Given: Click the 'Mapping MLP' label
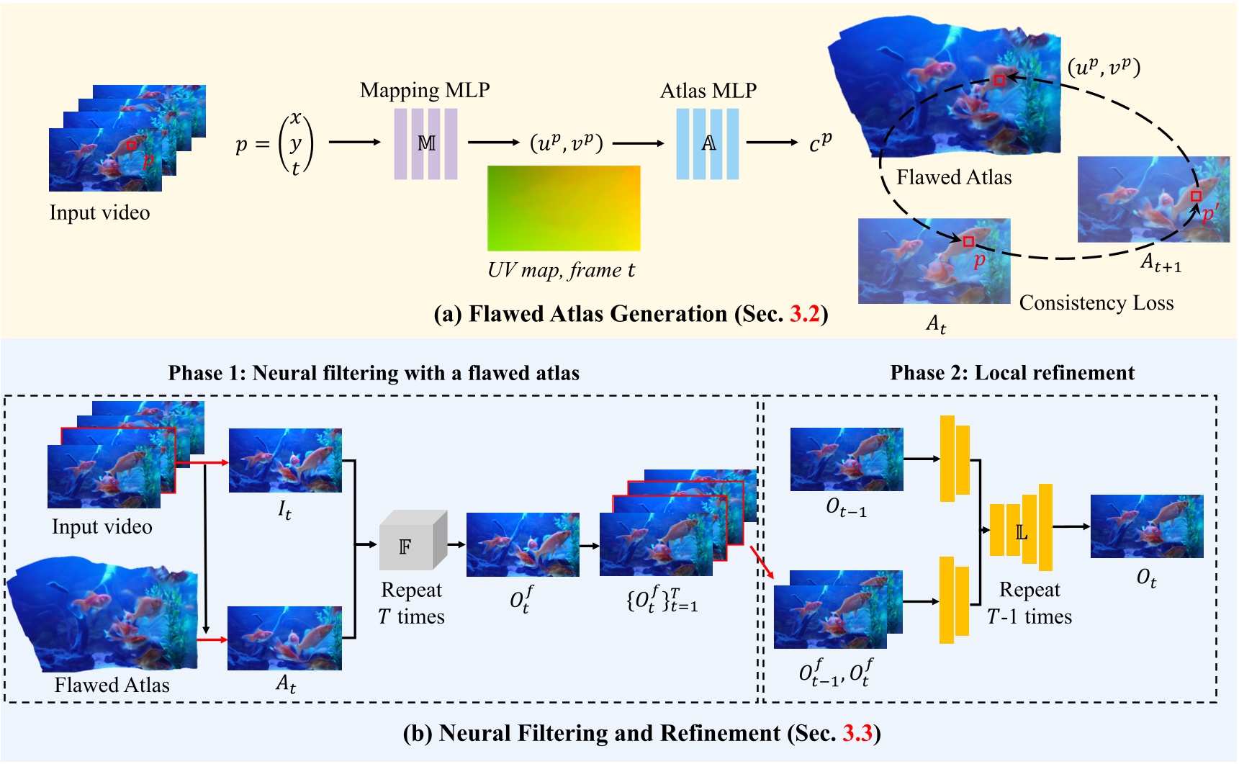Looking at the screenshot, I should [x=425, y=91].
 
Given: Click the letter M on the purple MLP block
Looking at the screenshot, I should [x=426, y=143].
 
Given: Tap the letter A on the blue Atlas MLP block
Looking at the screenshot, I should [x=708, y=143].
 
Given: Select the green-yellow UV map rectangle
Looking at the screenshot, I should [x=564, y=208].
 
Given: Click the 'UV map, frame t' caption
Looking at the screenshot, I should [x=561, y=270].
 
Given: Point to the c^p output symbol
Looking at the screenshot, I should [x=820, y=142].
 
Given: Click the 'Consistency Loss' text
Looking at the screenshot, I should [x=1096, y=303].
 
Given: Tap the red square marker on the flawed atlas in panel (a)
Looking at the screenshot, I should [x=999, y=81].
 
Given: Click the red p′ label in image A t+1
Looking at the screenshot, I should [x=1209, y=214].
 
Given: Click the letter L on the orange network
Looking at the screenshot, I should [x=1021, y=533].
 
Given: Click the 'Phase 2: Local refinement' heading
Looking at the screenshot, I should [x=1012, y=373].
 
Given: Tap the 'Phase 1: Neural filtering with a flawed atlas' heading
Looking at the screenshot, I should [x=374, y=373].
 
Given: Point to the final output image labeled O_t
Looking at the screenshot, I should [x=1146, y=526].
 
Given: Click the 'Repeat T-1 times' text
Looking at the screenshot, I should [x=1030, y=603].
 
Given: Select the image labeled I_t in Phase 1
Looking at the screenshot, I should [x=285, y=461].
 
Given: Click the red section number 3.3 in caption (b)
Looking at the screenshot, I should [x=857, y=734].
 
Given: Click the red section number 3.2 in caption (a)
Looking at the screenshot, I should [x=804, y=315].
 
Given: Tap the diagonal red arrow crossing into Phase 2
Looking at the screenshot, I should [x=762, y=562].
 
